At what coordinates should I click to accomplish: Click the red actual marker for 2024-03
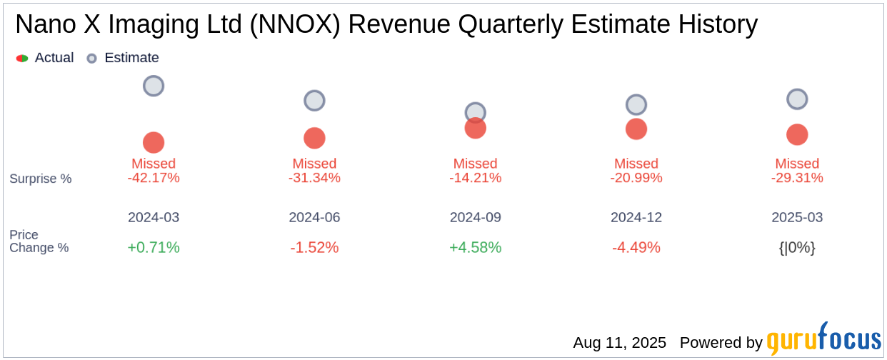pos(154,142)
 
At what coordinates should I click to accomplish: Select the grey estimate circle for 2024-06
pos(314,101)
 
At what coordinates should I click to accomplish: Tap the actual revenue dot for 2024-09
pos(475,128)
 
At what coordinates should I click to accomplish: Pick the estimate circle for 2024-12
pos(636,105)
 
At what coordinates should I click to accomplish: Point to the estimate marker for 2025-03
pos(797,99)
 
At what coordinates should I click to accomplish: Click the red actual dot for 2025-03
pos(797,134)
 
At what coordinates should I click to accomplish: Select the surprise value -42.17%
pos(154,178)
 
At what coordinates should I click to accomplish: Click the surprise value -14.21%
pos(475,178)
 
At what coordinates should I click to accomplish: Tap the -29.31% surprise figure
pos(797,178)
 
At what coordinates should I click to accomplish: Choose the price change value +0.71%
pos(154,248)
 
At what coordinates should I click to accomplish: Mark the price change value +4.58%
pos(475,248)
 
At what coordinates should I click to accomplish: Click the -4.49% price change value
pos(636,248)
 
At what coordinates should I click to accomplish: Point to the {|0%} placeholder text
pos(797,248)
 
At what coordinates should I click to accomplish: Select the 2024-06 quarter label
pos(314,217)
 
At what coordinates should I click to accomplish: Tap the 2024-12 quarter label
pos(636,217)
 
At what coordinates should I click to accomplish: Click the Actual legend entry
pos(45,58)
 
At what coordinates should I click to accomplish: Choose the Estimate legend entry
pos(123,58)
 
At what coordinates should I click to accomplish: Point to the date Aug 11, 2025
pos(619,343)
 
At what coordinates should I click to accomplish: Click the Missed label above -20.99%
pos(636,164)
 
